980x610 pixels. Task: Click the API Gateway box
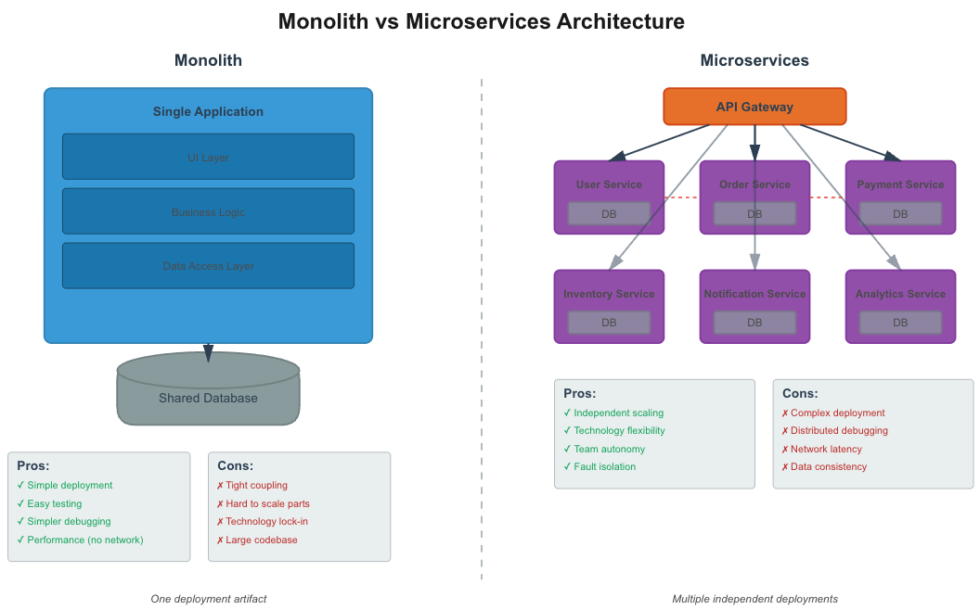point(754,107)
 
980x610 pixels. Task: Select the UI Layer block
point(208,157)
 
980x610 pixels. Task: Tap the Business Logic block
point(208,211)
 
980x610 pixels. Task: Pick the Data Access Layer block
point(208,266)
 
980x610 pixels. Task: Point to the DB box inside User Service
point(609,213)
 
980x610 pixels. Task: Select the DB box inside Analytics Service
point(900,323)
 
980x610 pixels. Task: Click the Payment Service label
point(900,184)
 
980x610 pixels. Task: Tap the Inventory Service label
point(609,294)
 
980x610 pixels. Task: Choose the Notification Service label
point(754,294)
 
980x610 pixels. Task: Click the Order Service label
point(754,184)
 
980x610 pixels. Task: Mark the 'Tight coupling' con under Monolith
point(256,485)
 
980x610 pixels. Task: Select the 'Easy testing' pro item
point(54,503)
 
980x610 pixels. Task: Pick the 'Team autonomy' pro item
point(609,449)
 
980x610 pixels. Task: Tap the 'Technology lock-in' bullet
point(266,521)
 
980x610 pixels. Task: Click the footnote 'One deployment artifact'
point(208,599)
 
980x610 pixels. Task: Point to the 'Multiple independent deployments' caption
point(754,599)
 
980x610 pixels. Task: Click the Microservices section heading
point(754,60)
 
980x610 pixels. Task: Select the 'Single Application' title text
point(208,111)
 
